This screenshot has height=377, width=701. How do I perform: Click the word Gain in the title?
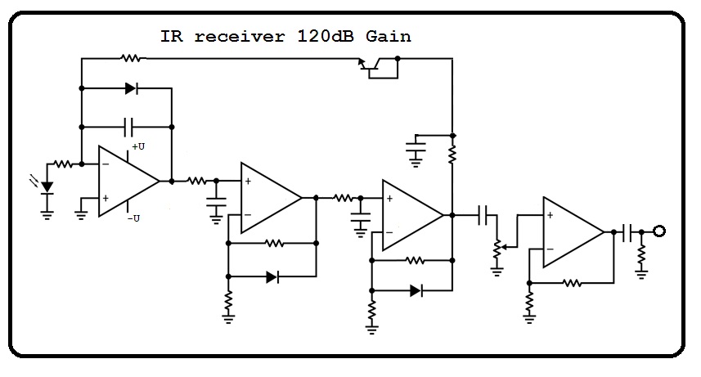pos(388,36)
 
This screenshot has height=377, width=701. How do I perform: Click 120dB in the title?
pos(325,36)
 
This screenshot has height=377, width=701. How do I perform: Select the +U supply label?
pos(138,146)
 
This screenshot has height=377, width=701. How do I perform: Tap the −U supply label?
pos(133,218)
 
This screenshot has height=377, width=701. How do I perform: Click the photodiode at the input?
pos(47,187)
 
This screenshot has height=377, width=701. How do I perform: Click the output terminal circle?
pos(659,231)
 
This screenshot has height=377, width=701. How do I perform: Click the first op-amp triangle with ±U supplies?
pos(128,181)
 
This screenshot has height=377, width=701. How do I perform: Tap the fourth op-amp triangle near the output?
pos(573,232)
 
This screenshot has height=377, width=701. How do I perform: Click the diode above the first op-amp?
pos(132,88)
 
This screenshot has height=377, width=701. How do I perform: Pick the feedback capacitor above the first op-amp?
pos(128,127)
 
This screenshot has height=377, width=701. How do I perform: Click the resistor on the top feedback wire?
pos(131,58)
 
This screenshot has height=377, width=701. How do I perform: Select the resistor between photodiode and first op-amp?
pos(63,164)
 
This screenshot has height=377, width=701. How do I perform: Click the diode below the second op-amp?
pos(272,277)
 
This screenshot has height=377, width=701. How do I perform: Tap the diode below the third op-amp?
pos(416,290)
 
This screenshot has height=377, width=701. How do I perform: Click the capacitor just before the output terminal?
pos(627,231)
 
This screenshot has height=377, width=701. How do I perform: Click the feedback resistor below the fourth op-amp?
pos(572,283)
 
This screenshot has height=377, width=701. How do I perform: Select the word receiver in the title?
pos(240,36)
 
